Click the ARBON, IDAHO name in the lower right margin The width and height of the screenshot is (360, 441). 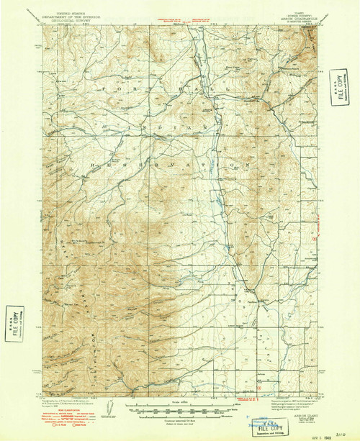coord(288,403)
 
